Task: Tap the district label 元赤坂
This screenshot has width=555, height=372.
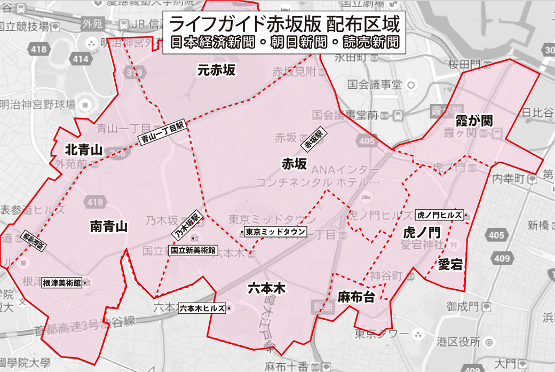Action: pos(216,70)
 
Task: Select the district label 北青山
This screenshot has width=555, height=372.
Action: pos(83,149)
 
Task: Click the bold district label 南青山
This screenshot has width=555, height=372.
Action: pos(109,227)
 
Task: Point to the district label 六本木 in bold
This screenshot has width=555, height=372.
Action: pos(267,289)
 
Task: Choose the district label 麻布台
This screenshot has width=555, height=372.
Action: pos(356,297)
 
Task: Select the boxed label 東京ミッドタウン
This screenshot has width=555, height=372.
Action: pos(275,232)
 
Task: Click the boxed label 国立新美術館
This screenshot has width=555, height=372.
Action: pos(193,250)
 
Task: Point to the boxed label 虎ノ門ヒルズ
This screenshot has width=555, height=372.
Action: pos(439,215)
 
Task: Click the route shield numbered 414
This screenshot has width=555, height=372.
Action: pos(81,59)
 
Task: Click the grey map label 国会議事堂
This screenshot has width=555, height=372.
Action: pos(374,84)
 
